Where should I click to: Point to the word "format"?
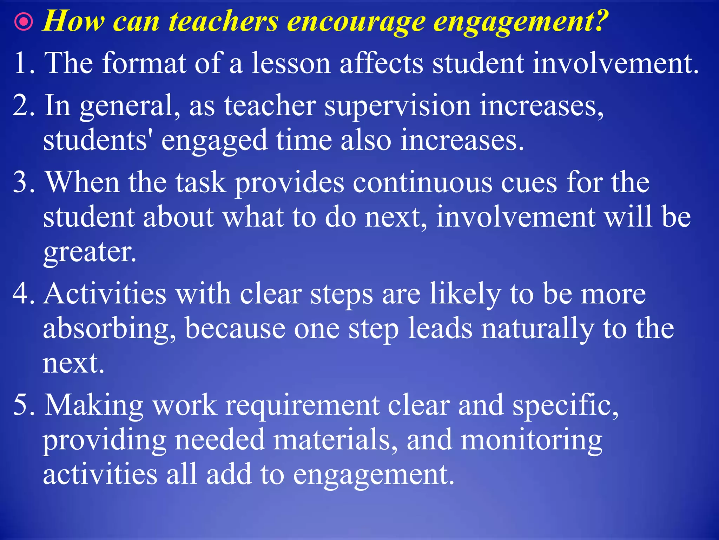pyautogui.click(x=144, y=63)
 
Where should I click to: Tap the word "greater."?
pyautogui.click(x=90, y=252)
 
